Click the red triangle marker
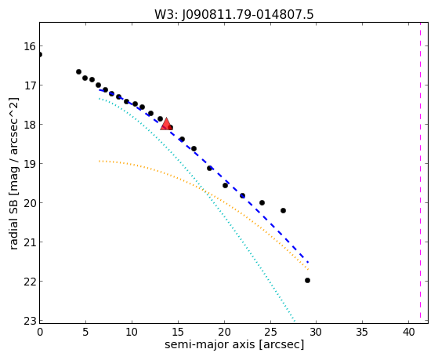(166, 124)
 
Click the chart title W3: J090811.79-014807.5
(234, 15)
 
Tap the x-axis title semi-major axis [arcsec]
(234, 344)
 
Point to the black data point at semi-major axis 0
(40, 54)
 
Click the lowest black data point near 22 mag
(308, 280)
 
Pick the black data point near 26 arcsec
(283, 210)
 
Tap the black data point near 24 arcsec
(262, 202)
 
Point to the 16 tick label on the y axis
(30, 46)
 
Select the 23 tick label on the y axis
(30, 321)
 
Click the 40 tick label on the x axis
(409, 332)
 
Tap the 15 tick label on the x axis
(178, 332)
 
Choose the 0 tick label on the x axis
(40, 332)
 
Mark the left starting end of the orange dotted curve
(100, 161)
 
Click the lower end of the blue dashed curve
(308, 263)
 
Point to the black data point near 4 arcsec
(79, 71)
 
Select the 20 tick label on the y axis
(30, 203)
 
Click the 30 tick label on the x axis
(317, 332)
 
